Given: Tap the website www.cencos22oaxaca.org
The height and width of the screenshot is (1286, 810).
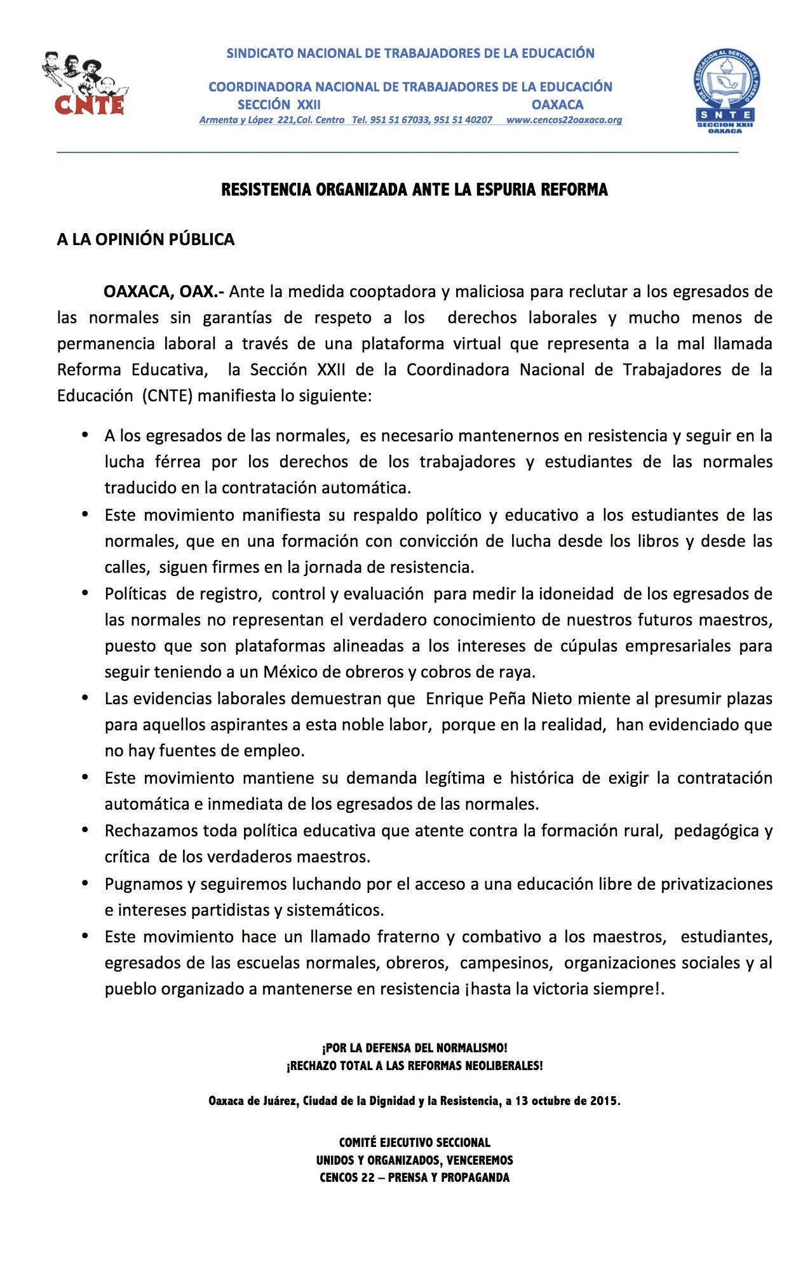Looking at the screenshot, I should click(564, 120).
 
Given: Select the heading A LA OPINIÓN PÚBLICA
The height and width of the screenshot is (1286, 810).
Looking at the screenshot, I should click(145, 239).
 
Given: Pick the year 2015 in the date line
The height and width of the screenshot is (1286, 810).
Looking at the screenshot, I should click(604, 1101).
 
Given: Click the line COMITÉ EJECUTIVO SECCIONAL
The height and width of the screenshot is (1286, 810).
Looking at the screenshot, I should click(414, 1142).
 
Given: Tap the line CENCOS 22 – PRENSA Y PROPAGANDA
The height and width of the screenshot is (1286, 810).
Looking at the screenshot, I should click(414, 1178).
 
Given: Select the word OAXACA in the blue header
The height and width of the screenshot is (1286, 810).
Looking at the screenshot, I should click(557, 105).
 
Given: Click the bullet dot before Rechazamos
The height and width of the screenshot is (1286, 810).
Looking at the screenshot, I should click(85, 830).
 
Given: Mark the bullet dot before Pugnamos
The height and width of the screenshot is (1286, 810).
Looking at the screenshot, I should click(85, 883).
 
